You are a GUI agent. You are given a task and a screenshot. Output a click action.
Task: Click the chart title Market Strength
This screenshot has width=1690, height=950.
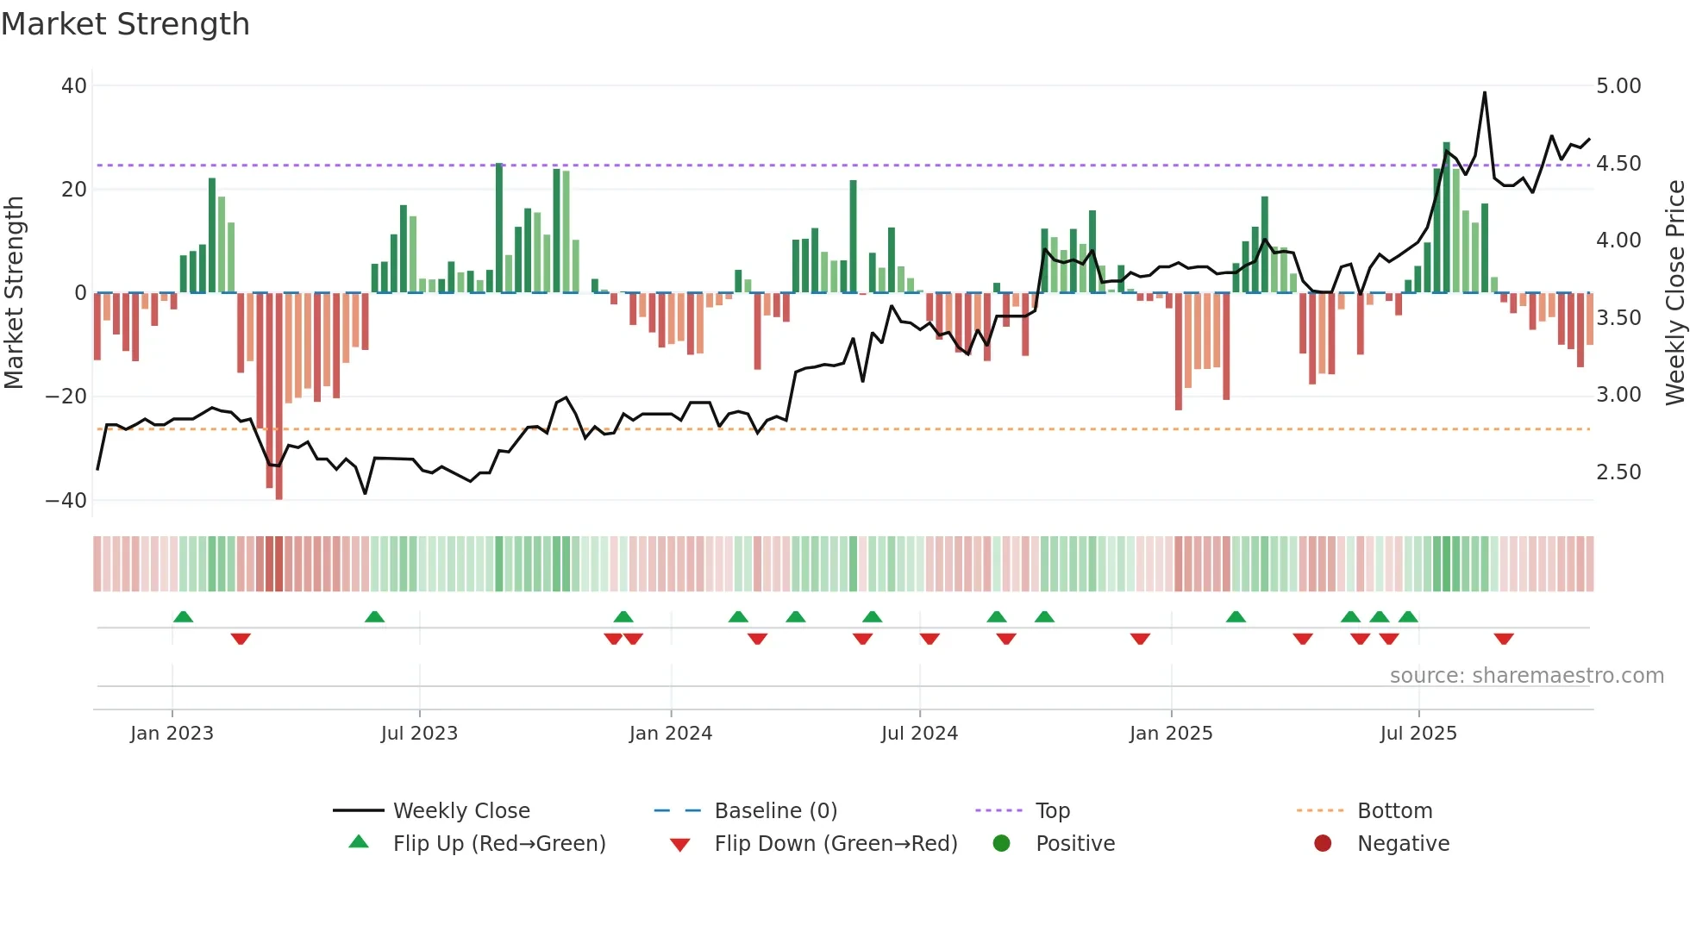[x=126, y=24]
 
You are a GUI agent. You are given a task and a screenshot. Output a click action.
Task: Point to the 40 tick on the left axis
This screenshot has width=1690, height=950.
[x=74, y=86]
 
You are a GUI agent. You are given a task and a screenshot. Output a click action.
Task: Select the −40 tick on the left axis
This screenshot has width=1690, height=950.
[x=66, y=501]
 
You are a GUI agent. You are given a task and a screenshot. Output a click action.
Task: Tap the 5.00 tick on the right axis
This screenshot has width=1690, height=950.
[x=1618, y=86]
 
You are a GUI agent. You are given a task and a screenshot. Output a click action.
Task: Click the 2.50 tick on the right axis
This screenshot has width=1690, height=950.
[x=1618, y=472]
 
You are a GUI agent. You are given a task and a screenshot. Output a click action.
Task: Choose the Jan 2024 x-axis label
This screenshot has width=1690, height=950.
[x=671, y=734]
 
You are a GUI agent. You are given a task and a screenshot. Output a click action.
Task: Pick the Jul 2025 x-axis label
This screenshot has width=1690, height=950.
[x=1418, y=734]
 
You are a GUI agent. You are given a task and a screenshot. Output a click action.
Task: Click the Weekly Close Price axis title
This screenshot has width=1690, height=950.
[x=1674, y=293]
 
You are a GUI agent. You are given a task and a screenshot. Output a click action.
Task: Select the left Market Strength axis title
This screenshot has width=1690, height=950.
[x=15, y=293]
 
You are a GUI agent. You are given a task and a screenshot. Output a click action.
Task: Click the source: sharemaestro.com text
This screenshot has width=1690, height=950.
[x=1526, y=676]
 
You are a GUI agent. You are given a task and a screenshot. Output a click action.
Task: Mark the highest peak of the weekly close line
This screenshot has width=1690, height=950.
[x=1485, y=93]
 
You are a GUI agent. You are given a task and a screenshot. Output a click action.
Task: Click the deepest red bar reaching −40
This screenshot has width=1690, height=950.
[x=279, y=397]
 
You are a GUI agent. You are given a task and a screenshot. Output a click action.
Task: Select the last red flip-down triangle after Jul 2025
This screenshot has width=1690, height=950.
[x=1504, y=639]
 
